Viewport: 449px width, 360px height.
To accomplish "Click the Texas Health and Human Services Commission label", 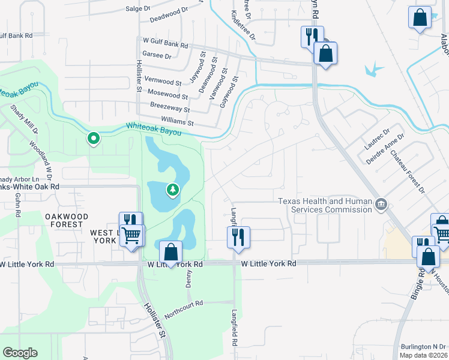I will click(325, 205).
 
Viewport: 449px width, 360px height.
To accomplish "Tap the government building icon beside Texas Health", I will click(381, 205).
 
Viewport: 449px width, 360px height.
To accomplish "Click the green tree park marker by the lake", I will click(173, 190).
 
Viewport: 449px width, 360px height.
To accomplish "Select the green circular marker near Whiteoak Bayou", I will click(94, 139).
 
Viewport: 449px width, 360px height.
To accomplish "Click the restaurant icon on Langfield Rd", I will click(238, 236).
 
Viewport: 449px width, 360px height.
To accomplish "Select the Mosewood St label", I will click(167, 95).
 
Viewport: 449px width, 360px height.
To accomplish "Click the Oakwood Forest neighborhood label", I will click(66, 220).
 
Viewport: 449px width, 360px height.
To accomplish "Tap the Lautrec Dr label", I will click(377, 138).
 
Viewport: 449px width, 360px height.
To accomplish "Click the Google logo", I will click(20, 353).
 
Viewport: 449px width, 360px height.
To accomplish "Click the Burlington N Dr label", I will click(424, 347).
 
